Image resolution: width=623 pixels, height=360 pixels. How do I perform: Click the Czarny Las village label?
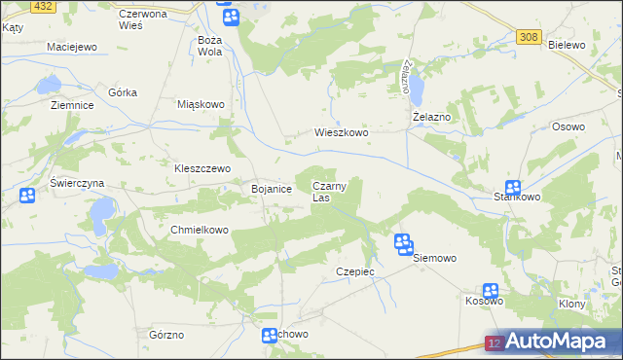(327, 191)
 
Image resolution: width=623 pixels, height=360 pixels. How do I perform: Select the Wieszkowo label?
(341, 132)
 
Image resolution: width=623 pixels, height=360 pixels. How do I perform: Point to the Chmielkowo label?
(199, 230)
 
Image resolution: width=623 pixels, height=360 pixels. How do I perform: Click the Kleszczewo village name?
(202, 167)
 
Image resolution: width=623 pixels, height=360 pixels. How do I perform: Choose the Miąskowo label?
(202, 103)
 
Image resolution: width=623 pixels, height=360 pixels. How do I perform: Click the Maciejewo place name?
(73, 47)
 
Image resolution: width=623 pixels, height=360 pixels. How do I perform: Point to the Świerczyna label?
(77, 183)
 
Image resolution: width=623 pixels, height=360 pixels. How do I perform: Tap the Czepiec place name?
(354, 271)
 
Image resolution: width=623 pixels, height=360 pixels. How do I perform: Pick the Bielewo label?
(566, 45)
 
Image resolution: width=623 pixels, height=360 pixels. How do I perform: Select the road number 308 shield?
(529, 37)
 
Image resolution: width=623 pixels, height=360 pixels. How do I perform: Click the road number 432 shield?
(42, 6)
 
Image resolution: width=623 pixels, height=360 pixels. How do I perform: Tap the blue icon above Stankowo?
(512, 188)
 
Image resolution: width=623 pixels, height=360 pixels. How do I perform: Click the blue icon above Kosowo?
(491, 291)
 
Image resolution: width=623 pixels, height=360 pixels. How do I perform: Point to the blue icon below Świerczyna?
(27, 196)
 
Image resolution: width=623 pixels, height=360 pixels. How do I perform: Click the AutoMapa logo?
(553, 342)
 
